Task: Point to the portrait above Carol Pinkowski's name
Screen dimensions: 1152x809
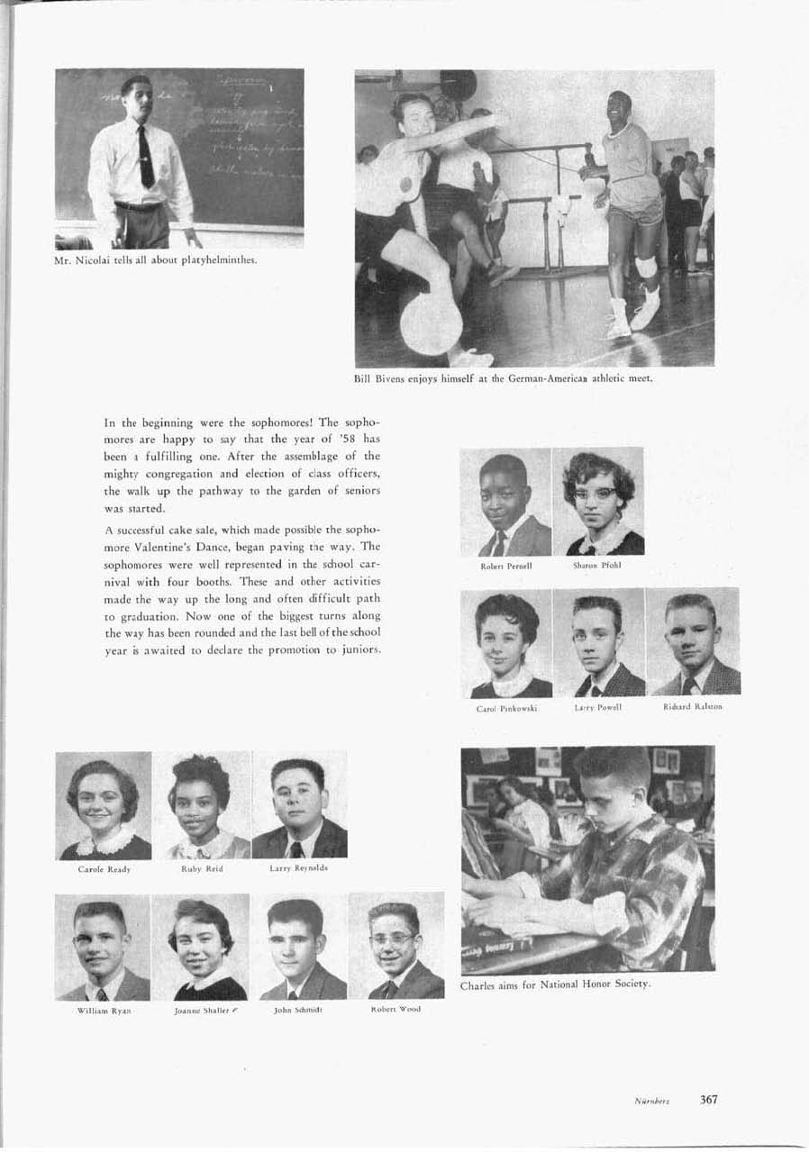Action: click(506, 643)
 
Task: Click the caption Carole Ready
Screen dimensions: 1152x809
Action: click(104, 869)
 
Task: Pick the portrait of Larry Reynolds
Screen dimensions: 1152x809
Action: click(299, 805)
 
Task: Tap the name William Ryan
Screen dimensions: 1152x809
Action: click(102, 1011)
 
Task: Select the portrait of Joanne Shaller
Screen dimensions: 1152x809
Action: click(201, 947)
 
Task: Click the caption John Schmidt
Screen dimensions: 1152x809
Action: click(298, 1011)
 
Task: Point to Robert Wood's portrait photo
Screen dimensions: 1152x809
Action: click(396, 947)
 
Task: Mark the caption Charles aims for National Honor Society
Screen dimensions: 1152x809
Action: click(555, 984)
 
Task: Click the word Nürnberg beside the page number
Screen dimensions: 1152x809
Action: click(649, 1101)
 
